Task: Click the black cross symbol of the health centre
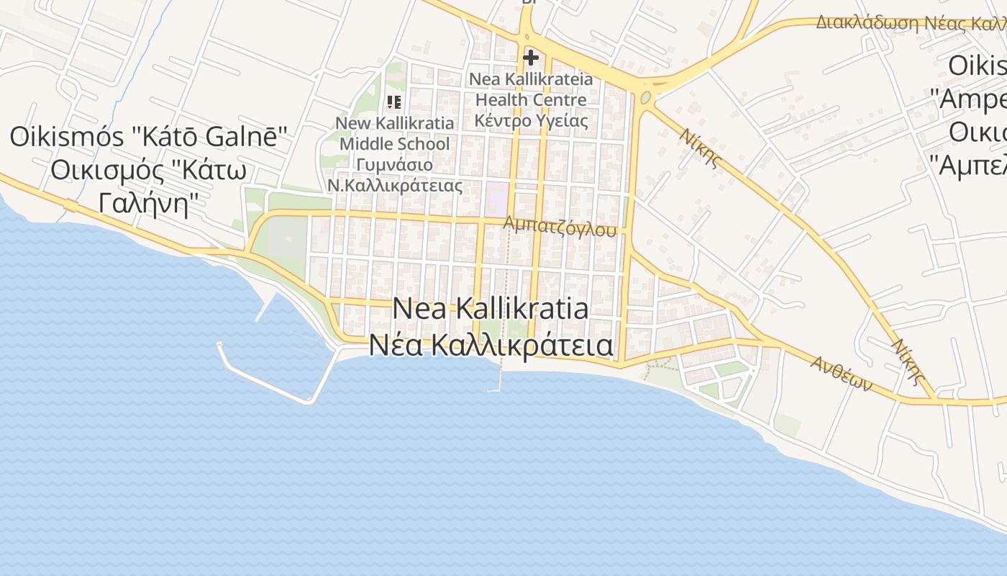(x=531, y=58)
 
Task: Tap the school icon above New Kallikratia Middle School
(x=393, y=102)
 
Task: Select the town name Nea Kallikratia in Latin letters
(x=491, y=309)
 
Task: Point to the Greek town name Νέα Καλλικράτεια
(x=491, y=345)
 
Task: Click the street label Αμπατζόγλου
(x=560, y=226)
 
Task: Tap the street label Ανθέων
(x=841, y=374)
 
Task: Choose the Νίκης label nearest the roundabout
(x=700, y=147)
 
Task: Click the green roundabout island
(x=645, y=97)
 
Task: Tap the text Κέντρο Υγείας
(x=531, y=120)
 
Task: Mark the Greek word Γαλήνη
(x=143, y=204)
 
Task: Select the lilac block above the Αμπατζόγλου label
(x=496, y=195)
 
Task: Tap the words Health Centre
(x=531, y=99)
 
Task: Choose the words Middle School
(x=395, y=144)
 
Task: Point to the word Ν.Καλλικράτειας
(x=395, y=186)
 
